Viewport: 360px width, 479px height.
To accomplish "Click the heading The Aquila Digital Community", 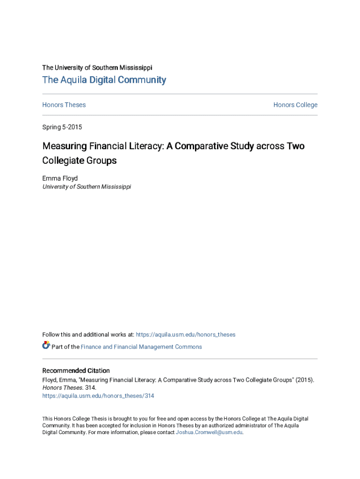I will pyautogui.click(x=104, y=80).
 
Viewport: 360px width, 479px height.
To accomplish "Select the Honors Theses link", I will pyautogui.click(x=64, y=105).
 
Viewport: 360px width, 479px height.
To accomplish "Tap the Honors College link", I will pyautogui.click(x=295, y=105).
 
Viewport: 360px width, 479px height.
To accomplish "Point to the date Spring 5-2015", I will pyautogui.click(x=62, y=127).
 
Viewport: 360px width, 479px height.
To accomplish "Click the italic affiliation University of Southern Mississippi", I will pyautogui.click(x=86, y=187).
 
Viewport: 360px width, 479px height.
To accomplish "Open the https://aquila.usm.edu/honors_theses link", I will pyautogui.click(x=186, y=334).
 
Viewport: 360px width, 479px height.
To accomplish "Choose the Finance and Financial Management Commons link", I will pyautogui.click(x=141, y=347).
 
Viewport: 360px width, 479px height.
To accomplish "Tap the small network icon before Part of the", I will pyautogui.click(x=46, y=346).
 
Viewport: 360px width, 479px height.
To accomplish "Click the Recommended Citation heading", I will pyautogui.click(x=76, y=370).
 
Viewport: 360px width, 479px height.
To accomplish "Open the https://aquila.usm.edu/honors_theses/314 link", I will pyautogui.click(x=98, y=396).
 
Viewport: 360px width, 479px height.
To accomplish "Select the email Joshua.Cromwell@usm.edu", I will pyautogui.click(x=209, y=432).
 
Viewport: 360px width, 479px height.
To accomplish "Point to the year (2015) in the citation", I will pyautogui.click(x=304, y=380).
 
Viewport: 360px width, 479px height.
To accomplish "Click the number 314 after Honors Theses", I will pyautogui.click(x=90, y=388).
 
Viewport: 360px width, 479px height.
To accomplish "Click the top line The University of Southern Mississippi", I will pyautogui.click(x=97, y=67).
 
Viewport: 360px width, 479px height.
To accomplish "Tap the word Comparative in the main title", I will pyautogui.click(x=202, y=146).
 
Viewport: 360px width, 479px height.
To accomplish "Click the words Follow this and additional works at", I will pyautogui.click(x=88, y=334).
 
